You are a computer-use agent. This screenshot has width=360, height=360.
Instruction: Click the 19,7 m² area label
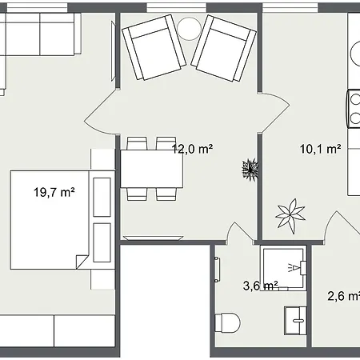[54, 192]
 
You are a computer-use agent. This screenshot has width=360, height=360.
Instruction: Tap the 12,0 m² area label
[192, 149]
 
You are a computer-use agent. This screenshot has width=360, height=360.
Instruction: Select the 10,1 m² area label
[321, 149]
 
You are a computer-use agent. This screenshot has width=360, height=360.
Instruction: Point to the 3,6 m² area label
[261, 286]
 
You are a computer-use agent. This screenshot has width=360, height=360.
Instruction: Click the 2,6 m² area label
[344, 296]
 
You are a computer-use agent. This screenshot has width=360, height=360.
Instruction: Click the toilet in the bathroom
[227, 322]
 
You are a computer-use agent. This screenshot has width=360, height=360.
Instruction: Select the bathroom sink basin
[295, 321]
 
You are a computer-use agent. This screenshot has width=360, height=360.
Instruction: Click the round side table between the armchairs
[189, 29]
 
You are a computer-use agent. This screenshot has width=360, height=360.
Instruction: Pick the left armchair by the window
[154, 47]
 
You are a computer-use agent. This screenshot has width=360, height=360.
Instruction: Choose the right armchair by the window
[224, 48]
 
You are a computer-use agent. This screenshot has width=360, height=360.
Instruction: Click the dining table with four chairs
[151, 169]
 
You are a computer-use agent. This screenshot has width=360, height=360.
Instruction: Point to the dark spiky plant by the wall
[250, 170]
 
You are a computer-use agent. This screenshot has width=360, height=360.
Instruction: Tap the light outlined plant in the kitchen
[290, 216]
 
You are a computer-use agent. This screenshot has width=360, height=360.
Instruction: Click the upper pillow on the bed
[102, 197]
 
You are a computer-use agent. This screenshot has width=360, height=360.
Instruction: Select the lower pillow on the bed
[102, 242]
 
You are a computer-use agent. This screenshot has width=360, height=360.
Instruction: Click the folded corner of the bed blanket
[82, 262]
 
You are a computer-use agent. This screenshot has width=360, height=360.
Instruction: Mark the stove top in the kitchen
[354, 109]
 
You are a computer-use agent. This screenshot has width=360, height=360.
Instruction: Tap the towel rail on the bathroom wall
[218, 269]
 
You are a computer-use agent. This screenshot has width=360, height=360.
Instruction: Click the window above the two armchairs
[177, 8]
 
